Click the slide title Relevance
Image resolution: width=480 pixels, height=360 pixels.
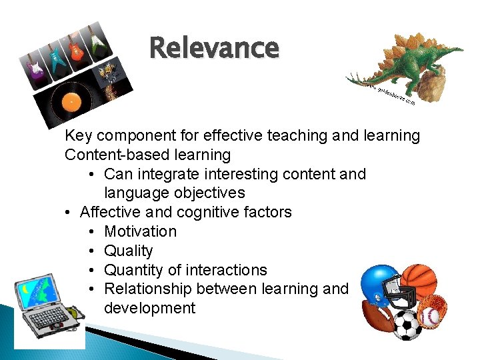point(214,48)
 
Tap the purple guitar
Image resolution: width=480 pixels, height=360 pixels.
point(33,66)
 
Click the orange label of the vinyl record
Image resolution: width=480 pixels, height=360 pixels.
point(71,101)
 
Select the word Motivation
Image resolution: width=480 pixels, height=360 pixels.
point(140,231)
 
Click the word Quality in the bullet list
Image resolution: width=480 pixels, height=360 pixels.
point(129,251)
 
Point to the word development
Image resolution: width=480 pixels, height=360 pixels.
point(150,308)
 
